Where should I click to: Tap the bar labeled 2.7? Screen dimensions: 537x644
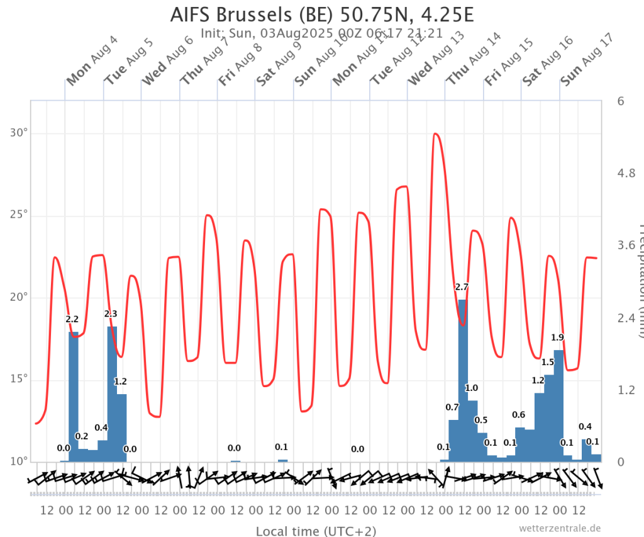coord(462,378)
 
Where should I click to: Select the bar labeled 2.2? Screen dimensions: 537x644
coord(74,397)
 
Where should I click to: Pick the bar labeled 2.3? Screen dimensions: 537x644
coord(112,393)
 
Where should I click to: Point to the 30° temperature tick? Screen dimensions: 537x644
coord(21,133)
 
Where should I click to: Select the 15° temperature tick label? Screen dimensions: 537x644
coord(21,379)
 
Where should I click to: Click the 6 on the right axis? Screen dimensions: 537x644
coord(620,101)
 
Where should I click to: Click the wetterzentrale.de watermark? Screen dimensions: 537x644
coord(560,528)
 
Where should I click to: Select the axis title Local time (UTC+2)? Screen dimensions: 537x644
coord(316,531)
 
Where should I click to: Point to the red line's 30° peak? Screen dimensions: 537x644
coord(435,133)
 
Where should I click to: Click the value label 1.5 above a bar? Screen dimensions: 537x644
coord(547,362)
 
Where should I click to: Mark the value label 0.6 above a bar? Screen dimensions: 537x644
coord(519,414)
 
